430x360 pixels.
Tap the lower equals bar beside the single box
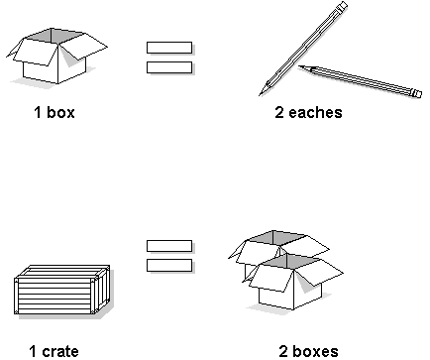169,67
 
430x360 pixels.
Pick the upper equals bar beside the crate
169,245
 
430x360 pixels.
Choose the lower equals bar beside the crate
169,265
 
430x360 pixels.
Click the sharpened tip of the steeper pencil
262,93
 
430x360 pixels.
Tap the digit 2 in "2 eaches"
279,112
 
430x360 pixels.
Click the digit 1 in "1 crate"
33,350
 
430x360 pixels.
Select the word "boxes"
316,350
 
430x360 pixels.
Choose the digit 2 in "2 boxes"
284,350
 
